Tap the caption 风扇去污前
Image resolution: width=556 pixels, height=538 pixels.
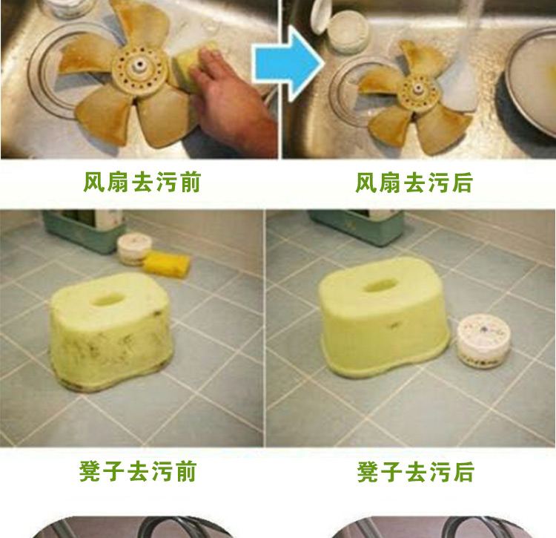[x=142, y=183]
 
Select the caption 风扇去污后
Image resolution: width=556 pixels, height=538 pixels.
[x=414, y=183]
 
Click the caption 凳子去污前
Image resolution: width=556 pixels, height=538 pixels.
[x=138, y=472]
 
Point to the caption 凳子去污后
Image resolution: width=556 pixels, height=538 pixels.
[x=416, y=472]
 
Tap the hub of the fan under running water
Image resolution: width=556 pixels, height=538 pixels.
[x=417, y=90]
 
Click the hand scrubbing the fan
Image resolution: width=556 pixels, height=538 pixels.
[x=231, y=103]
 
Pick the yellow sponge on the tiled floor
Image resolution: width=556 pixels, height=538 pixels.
[x=167, y=263]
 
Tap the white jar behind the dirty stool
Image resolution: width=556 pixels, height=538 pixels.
[x=134, y=249]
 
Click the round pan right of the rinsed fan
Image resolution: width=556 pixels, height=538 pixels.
[x=531, y=85]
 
